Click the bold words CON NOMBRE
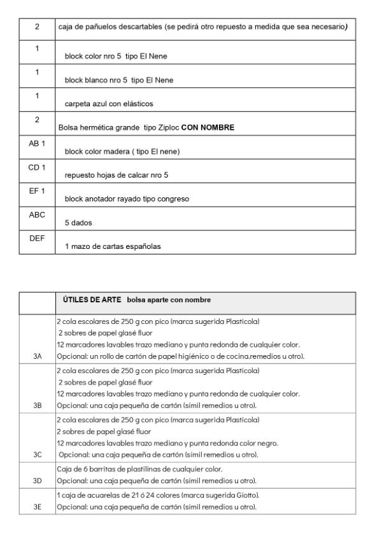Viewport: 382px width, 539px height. (x=208, y=128)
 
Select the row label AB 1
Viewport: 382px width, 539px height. (x=37, y=144)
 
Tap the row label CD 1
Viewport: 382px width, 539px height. (x=37, y=167)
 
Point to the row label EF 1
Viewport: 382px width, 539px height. (x=37, y=191)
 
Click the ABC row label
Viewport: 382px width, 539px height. (x=37, y=215)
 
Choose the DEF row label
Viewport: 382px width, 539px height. (x=37, y=238)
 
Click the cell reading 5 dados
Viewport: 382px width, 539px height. (x=77, y=223)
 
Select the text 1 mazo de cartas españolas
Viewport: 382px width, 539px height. (x=113, y=247)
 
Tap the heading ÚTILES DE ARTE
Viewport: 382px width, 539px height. (x=92, y=300)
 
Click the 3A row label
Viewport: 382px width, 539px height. (x=38, y=356)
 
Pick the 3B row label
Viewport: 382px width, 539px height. (x=38, y=405)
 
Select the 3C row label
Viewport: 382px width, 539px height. (x=38, y=455)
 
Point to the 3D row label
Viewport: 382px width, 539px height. (x=38, y=480)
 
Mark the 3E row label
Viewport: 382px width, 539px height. (x=38, y=507)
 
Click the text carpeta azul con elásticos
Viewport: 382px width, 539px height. (x=109, y=104)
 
